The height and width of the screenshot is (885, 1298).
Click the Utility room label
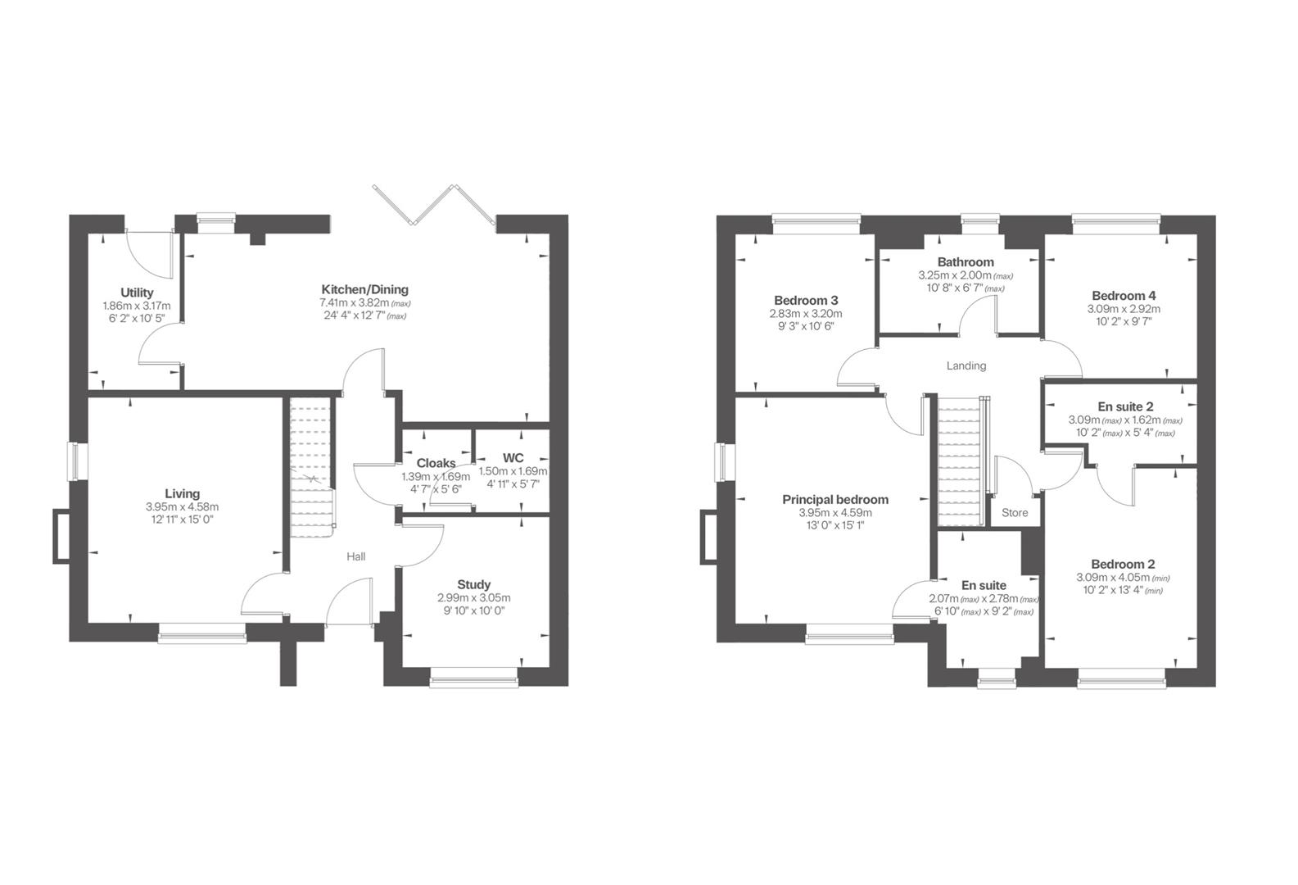pos(137,293)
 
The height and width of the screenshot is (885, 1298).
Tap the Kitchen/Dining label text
pos(364,289)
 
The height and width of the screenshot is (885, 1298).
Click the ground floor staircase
pos(311,467)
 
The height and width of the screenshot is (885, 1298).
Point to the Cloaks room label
pos(436,463)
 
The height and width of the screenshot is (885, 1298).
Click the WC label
pos(513,457)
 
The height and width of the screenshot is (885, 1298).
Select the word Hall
pos(355,556)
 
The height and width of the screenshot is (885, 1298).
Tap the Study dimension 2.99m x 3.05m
pos(473,597)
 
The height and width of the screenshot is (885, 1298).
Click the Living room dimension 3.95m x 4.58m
pos(182,506)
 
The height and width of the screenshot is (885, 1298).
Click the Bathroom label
pos(966,262)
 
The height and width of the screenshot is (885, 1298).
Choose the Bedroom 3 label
pos(806,300)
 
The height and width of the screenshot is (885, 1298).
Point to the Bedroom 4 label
pos(1124,296)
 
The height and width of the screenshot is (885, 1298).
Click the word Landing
pos(966,365)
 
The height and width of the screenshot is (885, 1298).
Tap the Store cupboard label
pos(1015,513)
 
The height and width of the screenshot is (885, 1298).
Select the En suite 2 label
pos(1125,406)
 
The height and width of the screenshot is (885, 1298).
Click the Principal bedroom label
pos(834,499)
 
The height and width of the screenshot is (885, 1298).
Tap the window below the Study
pos(473,675)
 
